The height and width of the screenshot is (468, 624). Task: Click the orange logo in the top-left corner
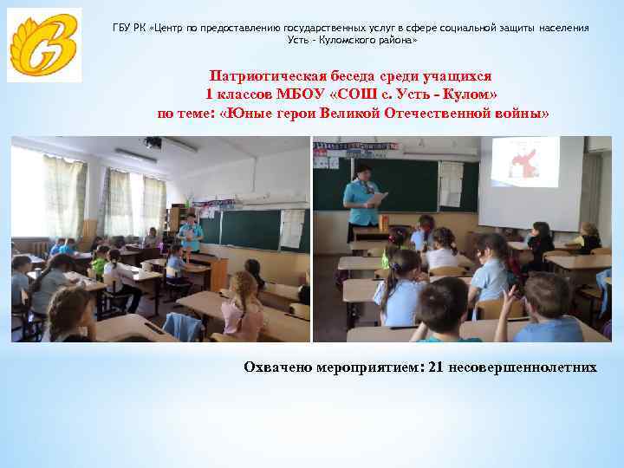pos(44,45)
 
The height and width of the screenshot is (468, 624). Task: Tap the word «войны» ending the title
pos(522,114)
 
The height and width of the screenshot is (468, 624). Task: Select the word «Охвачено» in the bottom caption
pos(276,367)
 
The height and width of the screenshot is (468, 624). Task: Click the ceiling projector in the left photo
pos(153,142)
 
